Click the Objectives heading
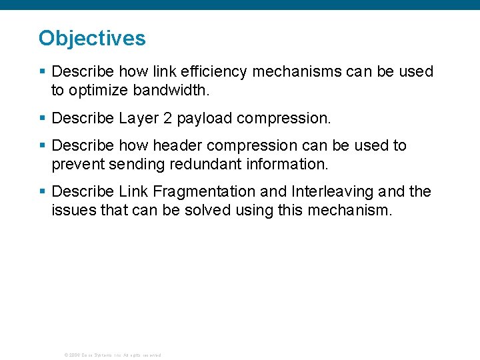pos(92,38)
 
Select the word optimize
pos(93,90)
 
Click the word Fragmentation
pos(203,192)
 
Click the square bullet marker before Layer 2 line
pos(42,119)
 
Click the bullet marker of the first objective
pos(42,71)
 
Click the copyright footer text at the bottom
pos(112,355)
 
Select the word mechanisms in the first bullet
pos(288,71)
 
